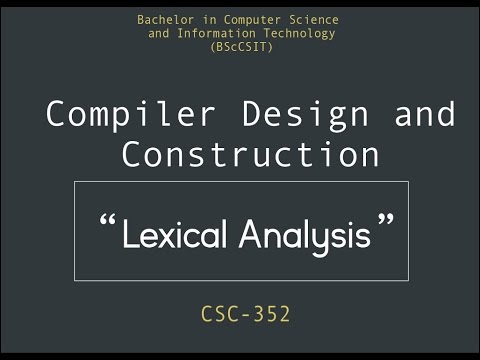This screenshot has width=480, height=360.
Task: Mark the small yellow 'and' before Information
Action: [159, 33]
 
